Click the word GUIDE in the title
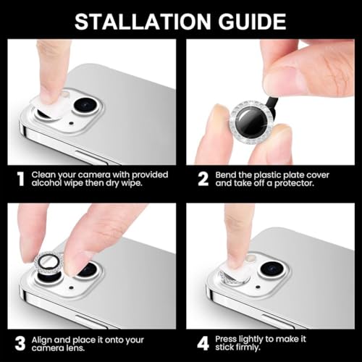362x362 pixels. (252, 22)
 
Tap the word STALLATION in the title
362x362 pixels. (143, 22)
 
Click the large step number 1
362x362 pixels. (21, 179)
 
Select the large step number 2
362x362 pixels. (203, 179)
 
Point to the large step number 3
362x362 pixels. (20, 344)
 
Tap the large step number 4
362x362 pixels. (203, 344)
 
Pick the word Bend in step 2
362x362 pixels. (225, 174)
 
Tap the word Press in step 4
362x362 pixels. (225, 339)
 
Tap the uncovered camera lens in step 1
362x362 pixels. (85, 105)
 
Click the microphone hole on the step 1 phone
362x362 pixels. (71, 123)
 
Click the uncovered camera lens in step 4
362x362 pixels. (272, 269)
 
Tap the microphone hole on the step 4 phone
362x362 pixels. (258, 287)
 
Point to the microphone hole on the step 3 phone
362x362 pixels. (71, 287)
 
